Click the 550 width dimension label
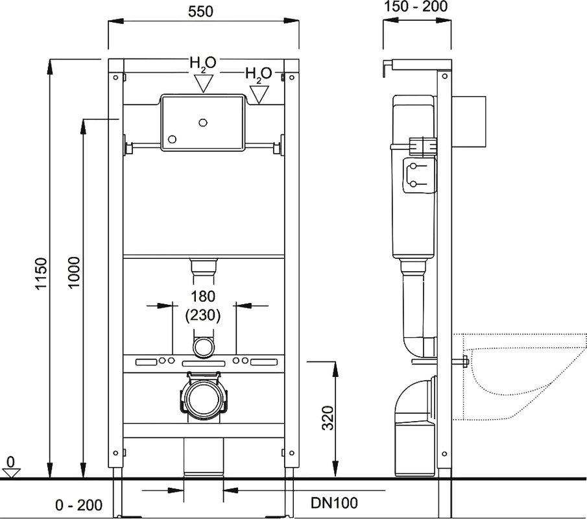pyautogui.click(x=200, y=11)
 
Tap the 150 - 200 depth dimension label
pyautogui.click(x=416, y=6)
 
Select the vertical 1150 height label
pyautogui.click(x=40, y=273)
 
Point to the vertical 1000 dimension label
pyautogui.click(x=73, y=272)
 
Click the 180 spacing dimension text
pyautogui.click(x=203, y=296)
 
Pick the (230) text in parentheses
pyautogui.click(x=203, y=315)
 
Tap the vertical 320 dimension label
pyautogui.click(x=328, y=418)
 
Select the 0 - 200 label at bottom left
pyautogui.click(x=78, y=505)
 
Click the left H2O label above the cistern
pyautogui.click(x=203, y=63)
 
